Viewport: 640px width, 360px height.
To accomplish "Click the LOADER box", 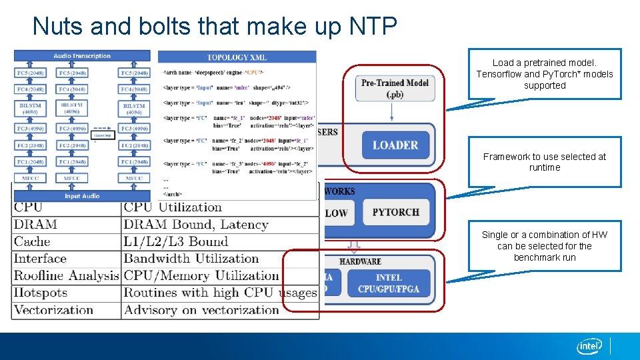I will coord(395,145).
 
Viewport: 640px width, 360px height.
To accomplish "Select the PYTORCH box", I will coord(396,212).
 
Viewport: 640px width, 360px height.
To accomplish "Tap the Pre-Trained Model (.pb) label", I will coord(395,88).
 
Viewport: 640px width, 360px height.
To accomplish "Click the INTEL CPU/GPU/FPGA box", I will coord(389,283).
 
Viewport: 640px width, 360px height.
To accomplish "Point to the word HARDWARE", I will coord(360,261).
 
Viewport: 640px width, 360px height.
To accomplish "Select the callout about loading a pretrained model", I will coord(545,74).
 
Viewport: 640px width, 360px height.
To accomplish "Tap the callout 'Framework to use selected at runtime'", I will coord(545,162).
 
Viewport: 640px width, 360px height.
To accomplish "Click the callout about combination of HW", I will coord(545,246).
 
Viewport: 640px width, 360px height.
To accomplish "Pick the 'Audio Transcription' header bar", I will coord(82,56).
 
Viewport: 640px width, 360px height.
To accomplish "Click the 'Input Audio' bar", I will coord(82,196).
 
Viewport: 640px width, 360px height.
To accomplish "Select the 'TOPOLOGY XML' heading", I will coord(237,58).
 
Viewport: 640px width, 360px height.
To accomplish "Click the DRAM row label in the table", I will coord(35,225).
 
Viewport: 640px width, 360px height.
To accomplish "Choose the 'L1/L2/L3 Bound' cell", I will coord(176,241).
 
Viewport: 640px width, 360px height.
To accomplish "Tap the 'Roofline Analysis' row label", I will coord(66,275).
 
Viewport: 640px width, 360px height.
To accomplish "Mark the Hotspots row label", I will coord(41,293).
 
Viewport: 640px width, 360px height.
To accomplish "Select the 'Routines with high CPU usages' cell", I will coord(220,293).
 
